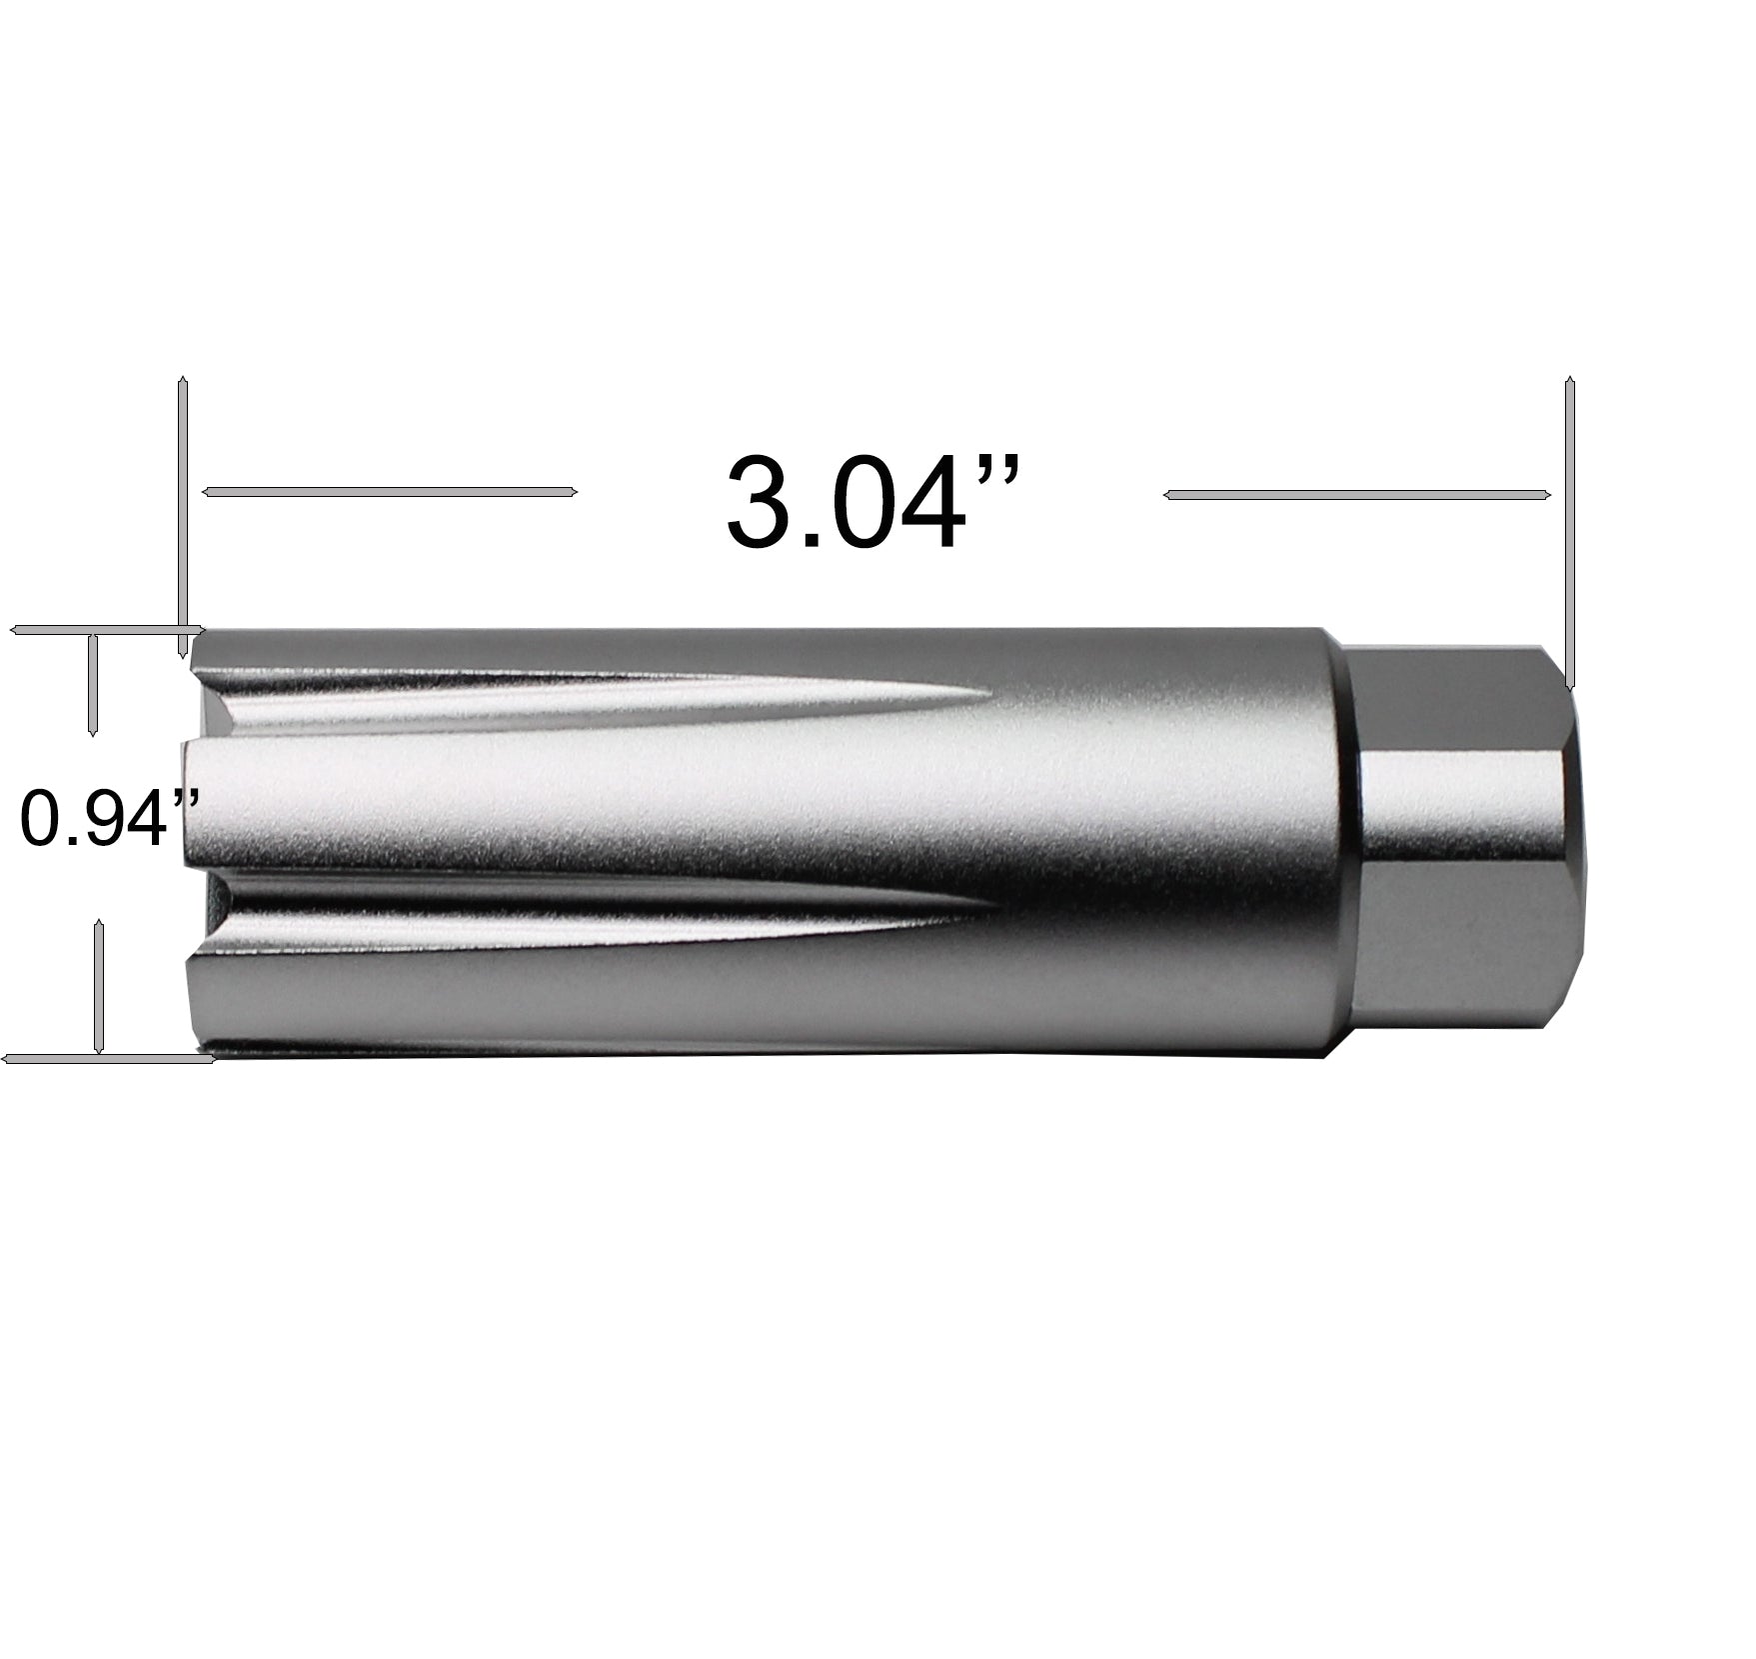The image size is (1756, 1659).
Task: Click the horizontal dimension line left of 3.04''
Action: pyautogui.click(x=390, y=491)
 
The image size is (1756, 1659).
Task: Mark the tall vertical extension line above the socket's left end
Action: pyautogui.click(x=182, y=517)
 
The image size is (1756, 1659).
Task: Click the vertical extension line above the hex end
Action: pyautogui.click(x=1569, y=532)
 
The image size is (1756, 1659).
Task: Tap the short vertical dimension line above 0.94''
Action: pyautogui.click(x=92, y=685)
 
